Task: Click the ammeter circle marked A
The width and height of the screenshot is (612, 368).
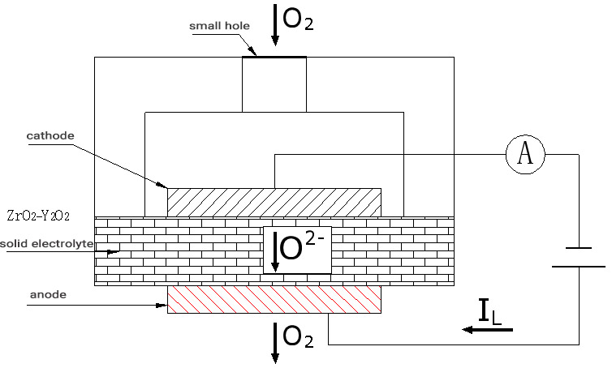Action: tap(525, 154)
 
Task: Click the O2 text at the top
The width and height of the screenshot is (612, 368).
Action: tap(298, 22)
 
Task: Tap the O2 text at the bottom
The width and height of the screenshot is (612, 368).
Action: tap(298, 340)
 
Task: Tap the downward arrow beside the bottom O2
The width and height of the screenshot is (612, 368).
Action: tap(276, 342)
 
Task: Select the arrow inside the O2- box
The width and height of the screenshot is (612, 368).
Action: tap(275, 251)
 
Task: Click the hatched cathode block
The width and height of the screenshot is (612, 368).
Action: tap(274, 202)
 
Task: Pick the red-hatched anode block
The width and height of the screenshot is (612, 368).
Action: tap(274, 299)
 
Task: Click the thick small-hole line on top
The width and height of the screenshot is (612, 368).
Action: tap(274, 57)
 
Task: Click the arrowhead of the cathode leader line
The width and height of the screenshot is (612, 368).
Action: tap(164, 186)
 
